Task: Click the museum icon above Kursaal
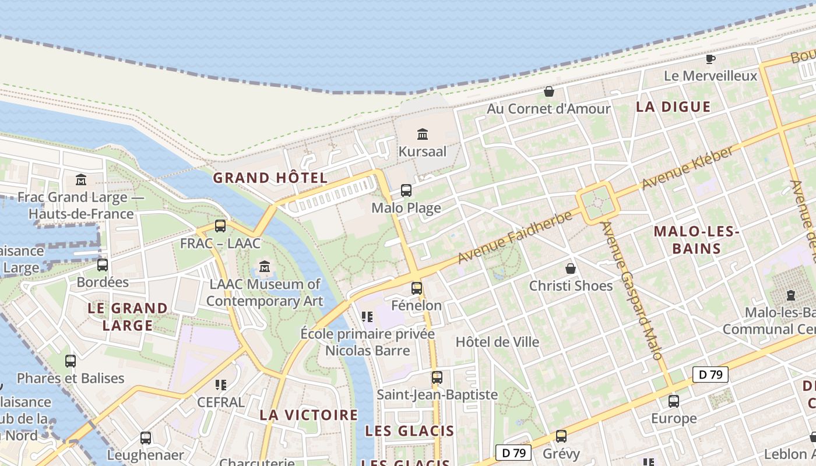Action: [423, 135]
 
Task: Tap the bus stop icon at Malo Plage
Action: [406, 190]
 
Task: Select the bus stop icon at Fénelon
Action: [416, 288]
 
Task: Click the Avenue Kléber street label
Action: [687, 168]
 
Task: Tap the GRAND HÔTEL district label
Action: [270, 178]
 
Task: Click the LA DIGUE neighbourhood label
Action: [673, 107]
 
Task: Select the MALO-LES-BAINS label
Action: [697, 240]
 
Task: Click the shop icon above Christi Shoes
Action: [571, 269]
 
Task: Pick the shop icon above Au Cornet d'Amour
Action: [548, 91]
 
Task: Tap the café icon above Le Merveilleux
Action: [710, 59]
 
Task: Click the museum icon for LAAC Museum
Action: [265, 267]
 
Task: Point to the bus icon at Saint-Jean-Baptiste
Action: [437, 377]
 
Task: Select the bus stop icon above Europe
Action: [673, 401]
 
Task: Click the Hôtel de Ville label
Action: [497, 342]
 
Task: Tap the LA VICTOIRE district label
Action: [308, 415]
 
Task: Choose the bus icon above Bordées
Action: [103, 265]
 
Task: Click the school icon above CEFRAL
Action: [220, 385]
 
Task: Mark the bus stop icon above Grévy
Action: [561, 436]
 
